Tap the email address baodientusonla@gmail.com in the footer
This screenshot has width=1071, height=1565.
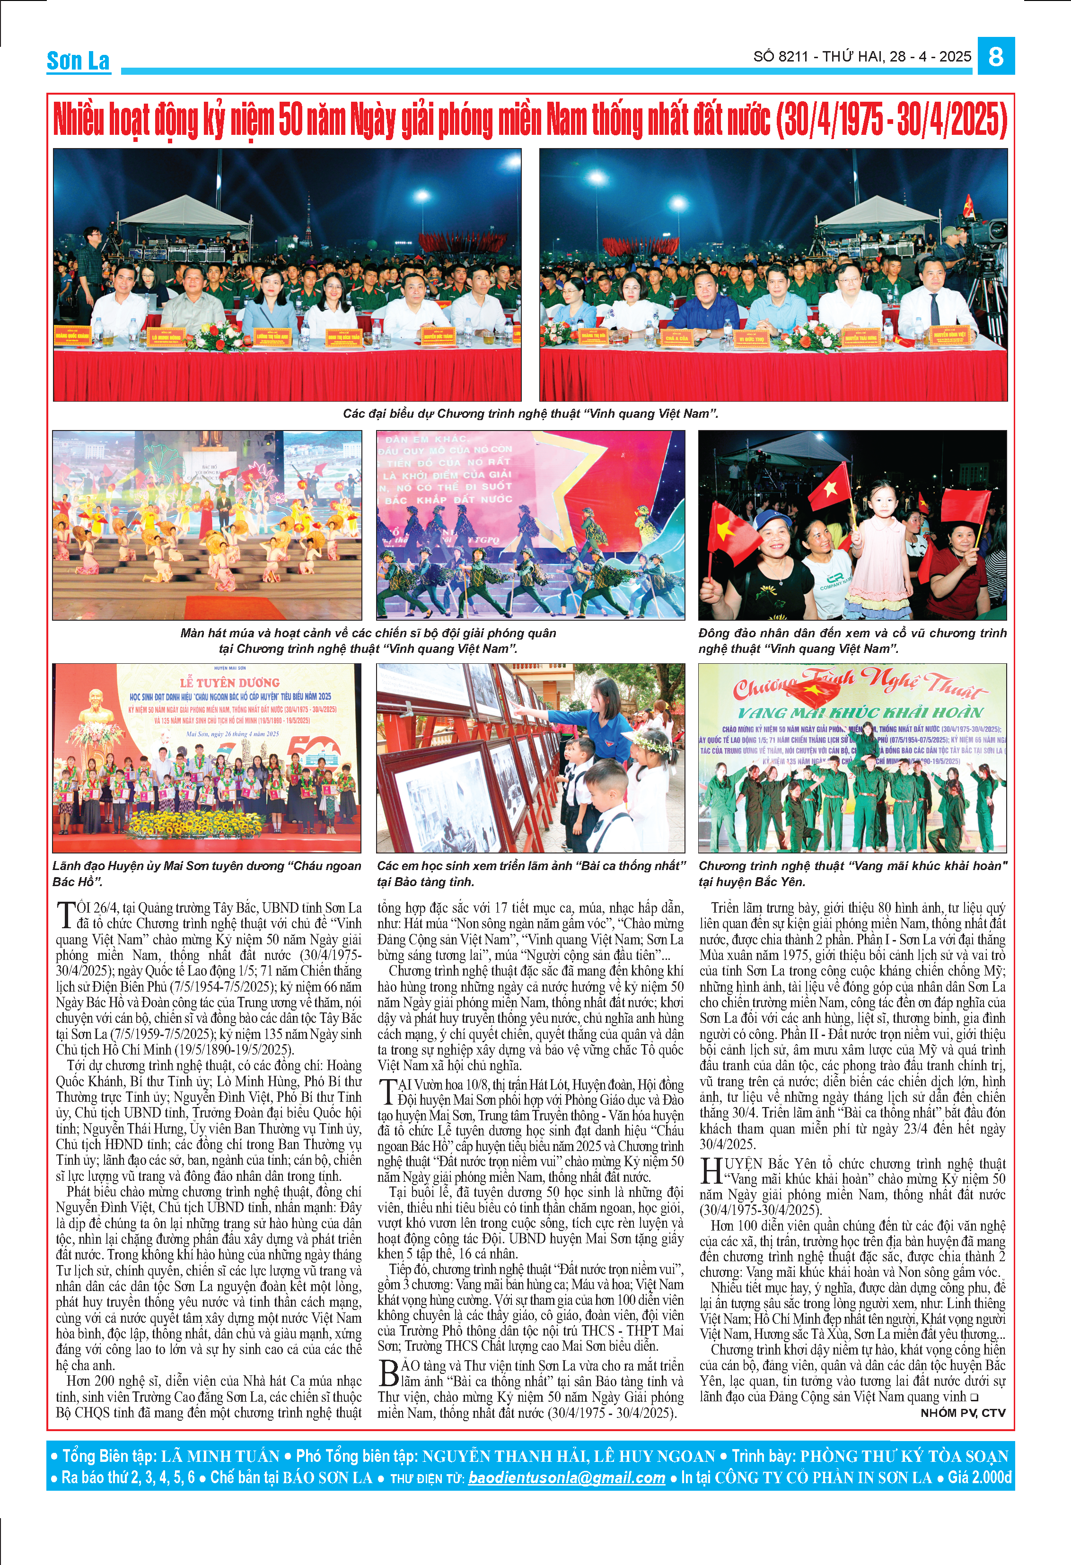click(x=567, y=1477)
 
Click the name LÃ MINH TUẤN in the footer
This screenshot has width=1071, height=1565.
click(x=219, y=1457)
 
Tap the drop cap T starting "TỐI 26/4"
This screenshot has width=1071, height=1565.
click(x=65, y=916)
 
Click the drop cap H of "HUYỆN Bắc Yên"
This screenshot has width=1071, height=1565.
click(x=711, y=1171)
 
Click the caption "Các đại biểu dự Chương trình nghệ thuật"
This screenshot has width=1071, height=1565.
click(x=530, y=413)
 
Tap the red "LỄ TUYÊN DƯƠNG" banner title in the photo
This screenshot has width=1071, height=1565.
click(x=229, y=682)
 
